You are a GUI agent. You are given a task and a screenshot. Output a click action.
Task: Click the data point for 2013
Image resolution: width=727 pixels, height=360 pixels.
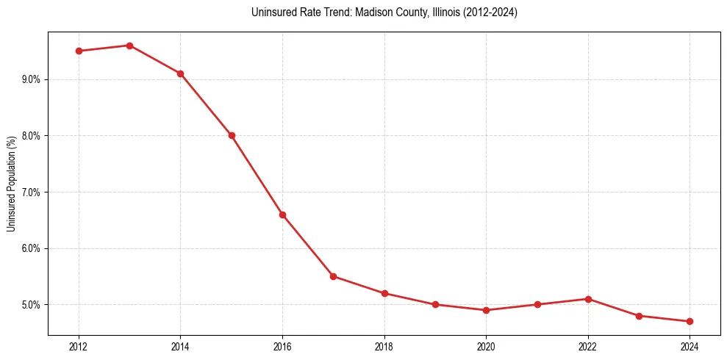click(129, 46)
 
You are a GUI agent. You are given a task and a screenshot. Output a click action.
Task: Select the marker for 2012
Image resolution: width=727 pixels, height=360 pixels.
click(79, 51)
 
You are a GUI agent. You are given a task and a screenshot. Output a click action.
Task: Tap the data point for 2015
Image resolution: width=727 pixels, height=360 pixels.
click(232, 135)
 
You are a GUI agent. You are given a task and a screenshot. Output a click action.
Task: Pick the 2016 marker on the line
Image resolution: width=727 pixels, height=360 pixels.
click(282, 215)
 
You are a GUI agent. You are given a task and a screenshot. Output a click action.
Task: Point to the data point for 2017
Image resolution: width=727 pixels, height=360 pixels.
click(333, 276)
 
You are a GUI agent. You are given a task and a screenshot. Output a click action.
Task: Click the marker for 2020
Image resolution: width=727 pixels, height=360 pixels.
click(486, 310)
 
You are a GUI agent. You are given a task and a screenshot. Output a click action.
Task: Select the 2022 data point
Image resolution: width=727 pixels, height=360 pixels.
click(588, 299)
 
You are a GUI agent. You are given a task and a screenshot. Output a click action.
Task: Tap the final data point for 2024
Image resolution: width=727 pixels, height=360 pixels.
click(690, 321)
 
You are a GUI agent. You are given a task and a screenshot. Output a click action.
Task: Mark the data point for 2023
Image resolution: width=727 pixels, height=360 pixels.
click(639, 316)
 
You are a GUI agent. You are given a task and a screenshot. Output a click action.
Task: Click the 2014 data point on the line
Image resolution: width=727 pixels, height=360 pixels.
click(180, 73)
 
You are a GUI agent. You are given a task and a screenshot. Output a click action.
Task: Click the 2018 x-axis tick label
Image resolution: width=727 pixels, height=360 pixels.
click(384, 345)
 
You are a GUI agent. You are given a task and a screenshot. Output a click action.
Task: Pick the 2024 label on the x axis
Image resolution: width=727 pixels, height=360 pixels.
click(690, 345)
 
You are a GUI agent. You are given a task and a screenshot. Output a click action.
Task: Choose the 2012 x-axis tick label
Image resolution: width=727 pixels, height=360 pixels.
click(79, 345)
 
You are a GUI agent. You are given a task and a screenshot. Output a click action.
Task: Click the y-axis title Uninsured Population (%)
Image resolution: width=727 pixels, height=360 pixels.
click(11, 183)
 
